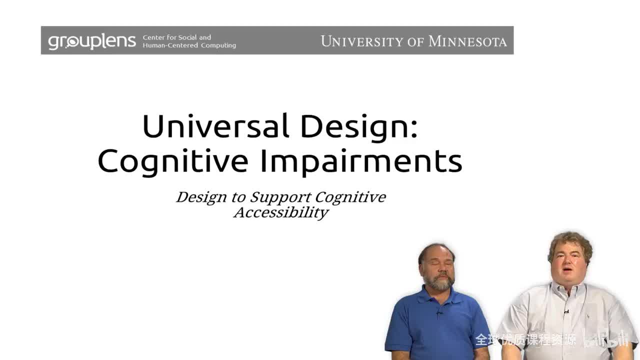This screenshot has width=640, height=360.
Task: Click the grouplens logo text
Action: pyautogui.click(x=91, y=41)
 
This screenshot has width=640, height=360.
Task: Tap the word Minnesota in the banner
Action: pyautogui.click(x=467, y=41)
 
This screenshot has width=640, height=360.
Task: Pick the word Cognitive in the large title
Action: pyautogui.click(x=172, y=161)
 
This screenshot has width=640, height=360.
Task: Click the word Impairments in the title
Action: pyautogui.click(x=360, y=161)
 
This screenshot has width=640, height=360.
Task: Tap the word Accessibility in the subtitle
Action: pyautogui.click(x=280, y=212)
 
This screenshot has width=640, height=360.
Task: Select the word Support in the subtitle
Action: pyautogui.click(x=280, y=197)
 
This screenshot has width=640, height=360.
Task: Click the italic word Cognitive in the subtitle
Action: pyautogui.click(x=350, y=197)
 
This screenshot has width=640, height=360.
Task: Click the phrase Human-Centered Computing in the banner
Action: pyautogui.click(x=189, y=45)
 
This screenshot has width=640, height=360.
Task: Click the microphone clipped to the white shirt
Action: pyautogui.click(x=566, y=313)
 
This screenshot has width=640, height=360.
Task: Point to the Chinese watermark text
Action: pyautogui.click(x=525, y=340)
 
